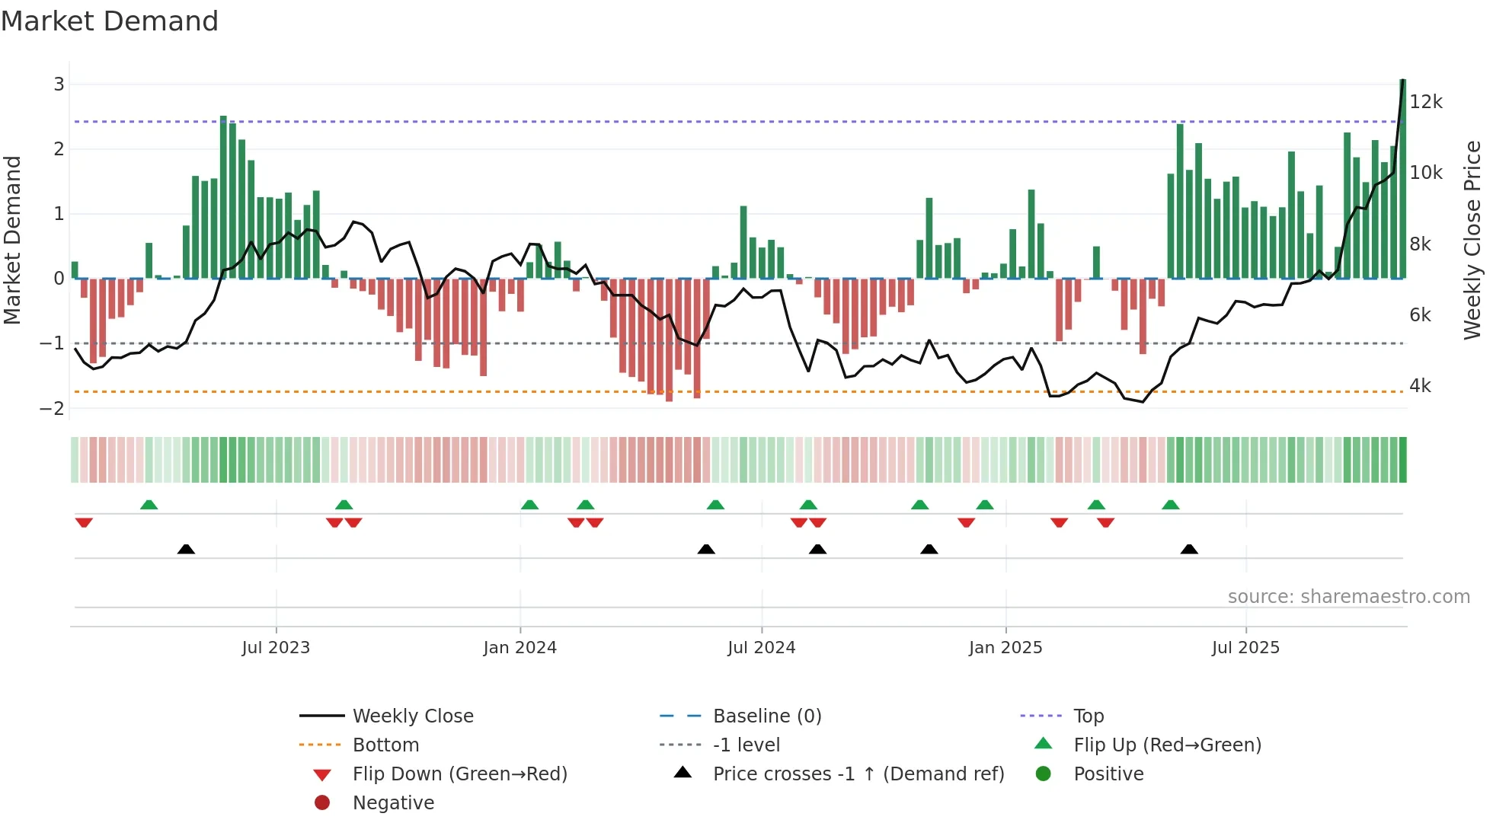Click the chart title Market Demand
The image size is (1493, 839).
(110, 21)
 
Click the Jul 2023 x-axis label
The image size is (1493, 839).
(276, 648)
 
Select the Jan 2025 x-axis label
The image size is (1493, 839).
(1005, 648)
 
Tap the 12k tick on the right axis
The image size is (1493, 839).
(1425, 102)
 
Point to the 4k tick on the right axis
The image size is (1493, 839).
(1420, 386)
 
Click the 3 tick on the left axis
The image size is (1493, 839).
(59, 84)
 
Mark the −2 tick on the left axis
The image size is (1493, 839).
(53, 409)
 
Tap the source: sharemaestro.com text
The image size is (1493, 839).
(1348, 596)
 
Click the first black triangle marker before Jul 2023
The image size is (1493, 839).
(186, 549)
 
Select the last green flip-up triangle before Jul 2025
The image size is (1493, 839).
(1171, 505)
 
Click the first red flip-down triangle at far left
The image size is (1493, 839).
(84, 522)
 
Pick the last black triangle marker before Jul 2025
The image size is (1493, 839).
(1189, 549)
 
